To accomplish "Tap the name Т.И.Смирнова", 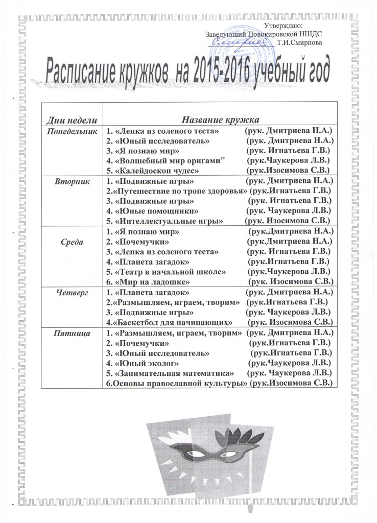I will click(x=299, y=42).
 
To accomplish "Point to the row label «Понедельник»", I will click(x=72, y=130).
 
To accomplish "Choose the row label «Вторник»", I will click(x=72, y=181).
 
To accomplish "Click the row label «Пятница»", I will click(x=72, y=333).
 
